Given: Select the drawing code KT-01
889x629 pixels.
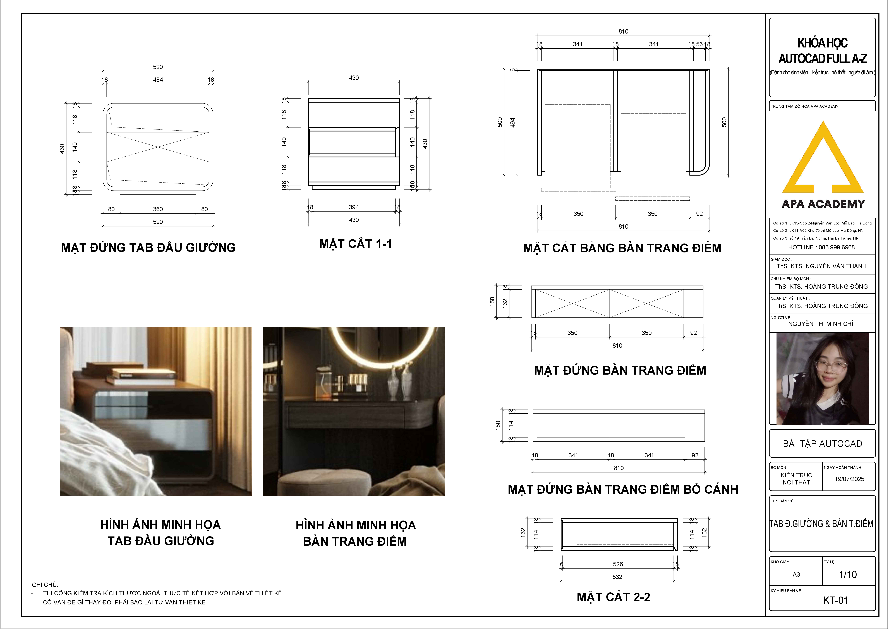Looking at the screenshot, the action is click(x=836, y=600).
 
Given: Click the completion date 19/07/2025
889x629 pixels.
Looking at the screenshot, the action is click(x=849, y=479).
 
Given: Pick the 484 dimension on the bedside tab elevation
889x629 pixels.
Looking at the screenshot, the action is click(x=158, y=79).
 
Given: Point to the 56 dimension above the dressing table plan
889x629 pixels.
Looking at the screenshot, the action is click(x=699, y=44).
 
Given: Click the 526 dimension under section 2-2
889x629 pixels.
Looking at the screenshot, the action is click(x=618, y=564).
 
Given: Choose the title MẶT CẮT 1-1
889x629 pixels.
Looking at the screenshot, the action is click(x=355, y=244).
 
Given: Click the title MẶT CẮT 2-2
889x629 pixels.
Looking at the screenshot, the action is click(x=613, y=597).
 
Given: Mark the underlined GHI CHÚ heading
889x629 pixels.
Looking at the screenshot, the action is click(x=45, y=584).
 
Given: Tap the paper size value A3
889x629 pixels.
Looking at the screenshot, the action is click(x=796, y=574).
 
